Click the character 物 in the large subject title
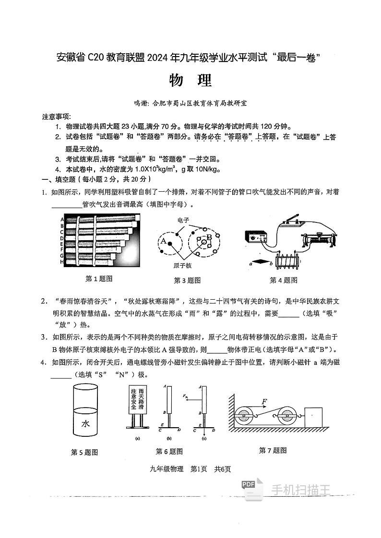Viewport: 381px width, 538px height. coord(177,81)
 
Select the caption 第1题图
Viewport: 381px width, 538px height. coord(98,279)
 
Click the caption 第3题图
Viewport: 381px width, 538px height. coord(187,281)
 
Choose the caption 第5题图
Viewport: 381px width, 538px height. coord(84,452)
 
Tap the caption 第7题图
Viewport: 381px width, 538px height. coord(273,450)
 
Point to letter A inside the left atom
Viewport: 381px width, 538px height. coord(163,241)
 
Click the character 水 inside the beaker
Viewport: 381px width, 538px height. coord(85,423)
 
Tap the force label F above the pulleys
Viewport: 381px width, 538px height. coord(264,401)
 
